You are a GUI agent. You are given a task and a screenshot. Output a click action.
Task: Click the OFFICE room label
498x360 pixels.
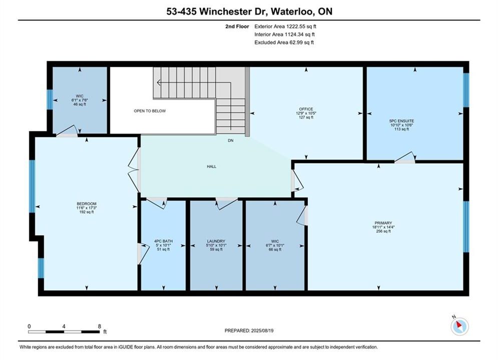point(306,109)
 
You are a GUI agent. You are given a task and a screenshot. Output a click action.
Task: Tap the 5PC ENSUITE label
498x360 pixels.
point(401,121)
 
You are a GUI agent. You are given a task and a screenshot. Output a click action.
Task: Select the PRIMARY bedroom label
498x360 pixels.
point(383,223)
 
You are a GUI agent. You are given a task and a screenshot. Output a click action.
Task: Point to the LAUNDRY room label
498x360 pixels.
point(216,241)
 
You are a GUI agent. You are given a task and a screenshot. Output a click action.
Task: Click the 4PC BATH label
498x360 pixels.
point(163,241)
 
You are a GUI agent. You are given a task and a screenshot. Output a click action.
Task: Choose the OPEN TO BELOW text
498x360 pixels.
point(150,111)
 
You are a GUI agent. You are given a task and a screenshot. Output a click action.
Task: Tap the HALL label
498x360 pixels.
point(212,166)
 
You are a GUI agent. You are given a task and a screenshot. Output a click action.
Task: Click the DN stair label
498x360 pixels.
point(231,140)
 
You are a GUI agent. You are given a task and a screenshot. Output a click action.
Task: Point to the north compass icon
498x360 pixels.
point(459,325)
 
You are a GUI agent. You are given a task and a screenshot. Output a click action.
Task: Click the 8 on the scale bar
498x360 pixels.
point(100,326)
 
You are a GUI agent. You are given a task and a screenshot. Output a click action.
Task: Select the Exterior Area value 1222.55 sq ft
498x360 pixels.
point(301,26)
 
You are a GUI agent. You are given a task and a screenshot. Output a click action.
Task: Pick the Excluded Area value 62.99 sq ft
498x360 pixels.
point(301,42)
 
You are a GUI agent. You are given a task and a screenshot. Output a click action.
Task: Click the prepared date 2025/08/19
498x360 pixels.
point(262,330)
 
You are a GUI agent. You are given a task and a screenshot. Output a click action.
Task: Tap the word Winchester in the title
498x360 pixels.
point(226,11)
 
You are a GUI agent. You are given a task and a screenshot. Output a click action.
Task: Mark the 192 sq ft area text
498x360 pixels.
point(87,212)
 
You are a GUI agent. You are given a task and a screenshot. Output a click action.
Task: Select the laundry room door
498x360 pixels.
point(226,203)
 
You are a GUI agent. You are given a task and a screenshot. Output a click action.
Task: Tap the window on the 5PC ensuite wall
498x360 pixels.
point(466,90)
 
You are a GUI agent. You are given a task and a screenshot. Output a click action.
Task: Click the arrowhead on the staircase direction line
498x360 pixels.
point(159,83)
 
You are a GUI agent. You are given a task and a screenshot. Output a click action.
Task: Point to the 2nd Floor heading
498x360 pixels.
point(237,26)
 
